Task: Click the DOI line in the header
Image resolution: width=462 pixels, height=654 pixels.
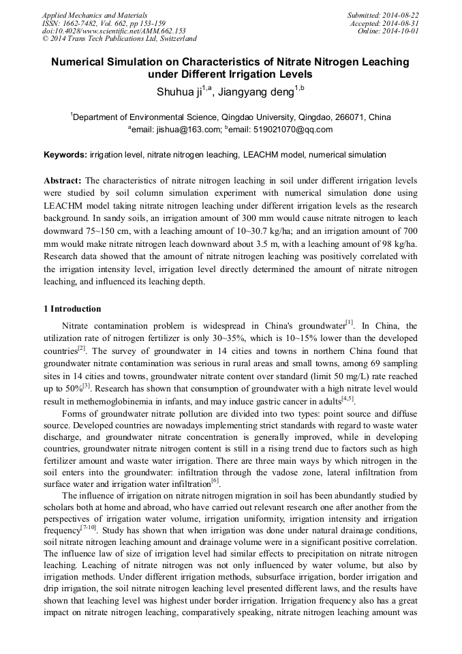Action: coord(114,31)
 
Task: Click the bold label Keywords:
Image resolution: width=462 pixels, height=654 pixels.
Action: coord(65,155)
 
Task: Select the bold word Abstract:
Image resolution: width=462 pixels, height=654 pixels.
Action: coord(63,181)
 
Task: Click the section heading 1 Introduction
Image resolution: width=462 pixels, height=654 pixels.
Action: coord(72,309)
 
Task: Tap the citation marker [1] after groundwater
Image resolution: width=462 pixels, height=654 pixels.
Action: coord(350,323)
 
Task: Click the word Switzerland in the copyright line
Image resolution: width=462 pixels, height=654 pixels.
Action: coord(175,39)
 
